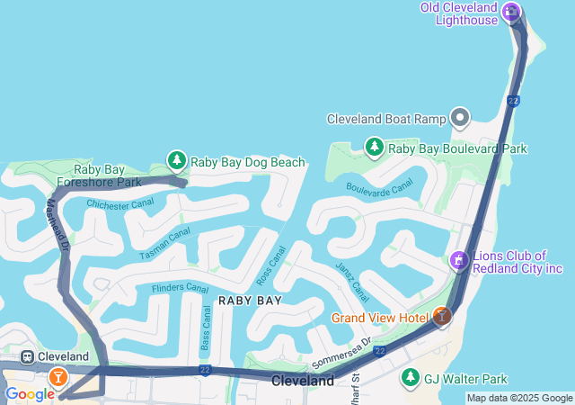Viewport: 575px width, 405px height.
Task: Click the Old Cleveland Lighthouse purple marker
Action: click(511, 12)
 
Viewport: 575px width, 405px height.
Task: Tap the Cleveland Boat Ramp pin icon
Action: click(461, 118)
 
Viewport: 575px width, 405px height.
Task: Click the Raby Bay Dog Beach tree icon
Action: click(177, 161)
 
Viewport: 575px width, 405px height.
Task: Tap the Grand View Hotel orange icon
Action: click(441, 317)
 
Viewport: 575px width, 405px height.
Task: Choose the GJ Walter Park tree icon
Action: click(411, 377)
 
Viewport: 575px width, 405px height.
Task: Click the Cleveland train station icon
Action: click(28, 356)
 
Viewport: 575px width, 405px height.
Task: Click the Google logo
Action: click(30, 394)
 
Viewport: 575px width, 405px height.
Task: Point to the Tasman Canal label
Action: click(164, 244)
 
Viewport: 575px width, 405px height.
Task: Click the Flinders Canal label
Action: click(180, 288)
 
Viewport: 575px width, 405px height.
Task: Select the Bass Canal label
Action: click(207, 328)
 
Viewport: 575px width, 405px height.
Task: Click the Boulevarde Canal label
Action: click(378, 185)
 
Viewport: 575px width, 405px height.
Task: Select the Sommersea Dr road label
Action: click(341, 353)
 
